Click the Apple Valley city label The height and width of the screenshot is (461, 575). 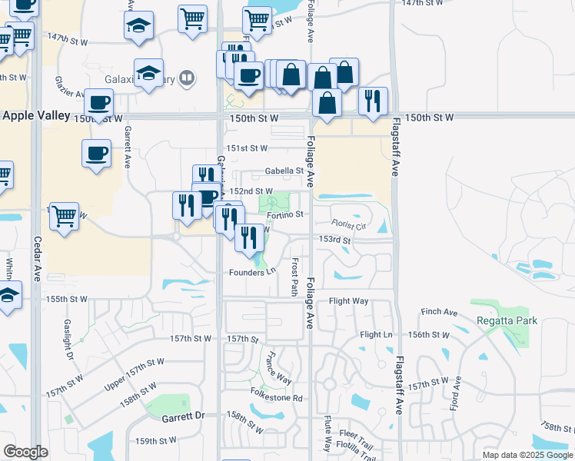coord(37,117)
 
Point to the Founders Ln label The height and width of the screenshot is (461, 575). coord(251,272)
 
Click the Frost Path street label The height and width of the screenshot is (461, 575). coord(294,277)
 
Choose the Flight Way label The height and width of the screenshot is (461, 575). coord(349,301)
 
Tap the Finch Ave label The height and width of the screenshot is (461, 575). coord(439,313)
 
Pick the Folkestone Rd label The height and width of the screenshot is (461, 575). coord(277,398)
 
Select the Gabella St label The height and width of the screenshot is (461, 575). coord(285,171)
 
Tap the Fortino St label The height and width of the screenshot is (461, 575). coord(286,215)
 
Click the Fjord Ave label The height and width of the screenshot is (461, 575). coord(457,393)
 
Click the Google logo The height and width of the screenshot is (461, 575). coord(25,451)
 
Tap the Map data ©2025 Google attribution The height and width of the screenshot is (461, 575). coord(527,454)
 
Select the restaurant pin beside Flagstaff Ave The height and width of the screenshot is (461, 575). coord(373,101)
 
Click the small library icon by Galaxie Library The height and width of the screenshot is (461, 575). coord(186,78)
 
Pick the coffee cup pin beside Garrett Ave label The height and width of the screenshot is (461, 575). coord(97,152)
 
